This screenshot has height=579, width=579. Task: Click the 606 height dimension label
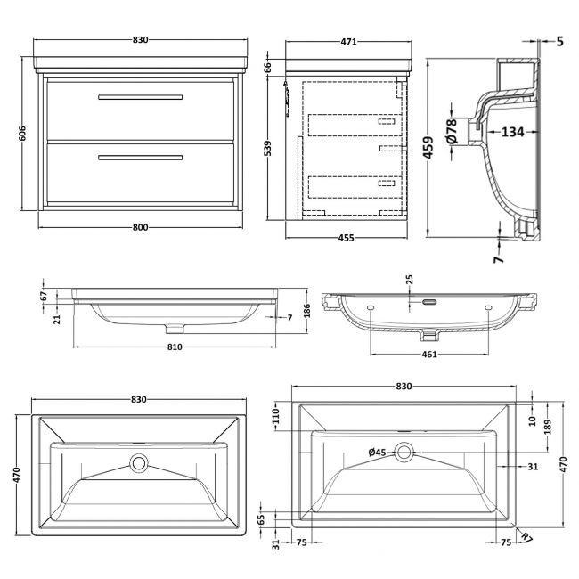22,133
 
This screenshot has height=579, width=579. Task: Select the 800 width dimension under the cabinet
140,226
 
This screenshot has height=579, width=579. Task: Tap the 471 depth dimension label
348,42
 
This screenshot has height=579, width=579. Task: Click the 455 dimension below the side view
347,237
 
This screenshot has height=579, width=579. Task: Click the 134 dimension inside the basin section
511,133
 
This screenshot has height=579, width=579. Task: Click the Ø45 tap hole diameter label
378,453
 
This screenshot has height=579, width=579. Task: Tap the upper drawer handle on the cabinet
140,95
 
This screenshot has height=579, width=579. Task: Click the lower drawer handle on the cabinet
140,158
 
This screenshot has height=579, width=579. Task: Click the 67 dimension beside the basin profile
42,295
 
